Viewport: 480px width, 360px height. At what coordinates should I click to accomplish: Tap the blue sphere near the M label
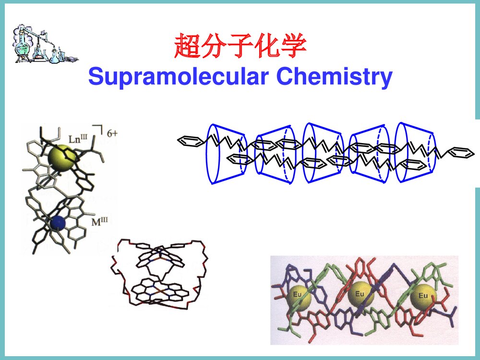coord(58,222)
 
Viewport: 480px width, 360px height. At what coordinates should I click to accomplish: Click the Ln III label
coord(78,139)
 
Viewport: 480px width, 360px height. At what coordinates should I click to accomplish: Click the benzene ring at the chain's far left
coord(189,141)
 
